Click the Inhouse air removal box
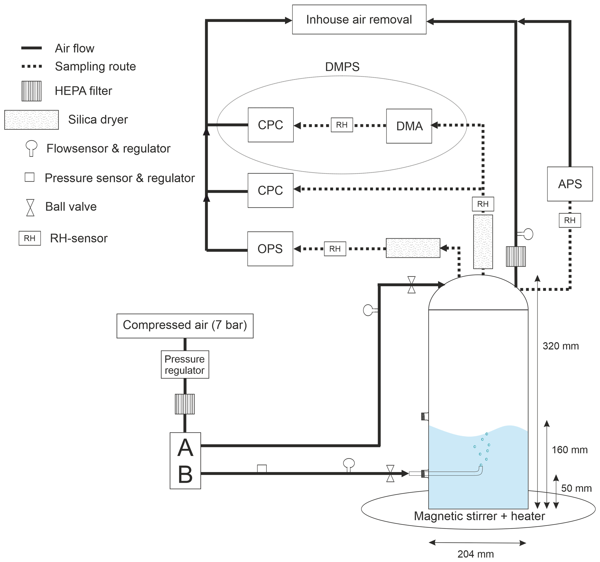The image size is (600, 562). (359, 19)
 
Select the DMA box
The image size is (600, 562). (409, 126)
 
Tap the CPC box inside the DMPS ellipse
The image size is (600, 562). (271, 125)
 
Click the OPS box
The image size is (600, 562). (270, 249)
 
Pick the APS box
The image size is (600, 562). (570, 184)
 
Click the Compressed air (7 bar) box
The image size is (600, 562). (185, 326)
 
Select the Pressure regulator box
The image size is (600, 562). (185, 364)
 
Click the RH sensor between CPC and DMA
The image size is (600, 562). (342, 125)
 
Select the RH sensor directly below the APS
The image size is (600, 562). (570, 220)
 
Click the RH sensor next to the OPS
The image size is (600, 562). (335, 249)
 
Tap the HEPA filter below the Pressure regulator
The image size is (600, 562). (185, 404)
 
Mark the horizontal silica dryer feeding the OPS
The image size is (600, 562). (413, 248)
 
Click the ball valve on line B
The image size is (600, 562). (390, 473)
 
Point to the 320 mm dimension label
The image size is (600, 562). (561, 346)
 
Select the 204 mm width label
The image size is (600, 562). (476, 554)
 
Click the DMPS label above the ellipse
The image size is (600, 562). (342, 67)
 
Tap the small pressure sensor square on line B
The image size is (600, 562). (262, 469)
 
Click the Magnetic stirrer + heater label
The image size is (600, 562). (479, 516)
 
